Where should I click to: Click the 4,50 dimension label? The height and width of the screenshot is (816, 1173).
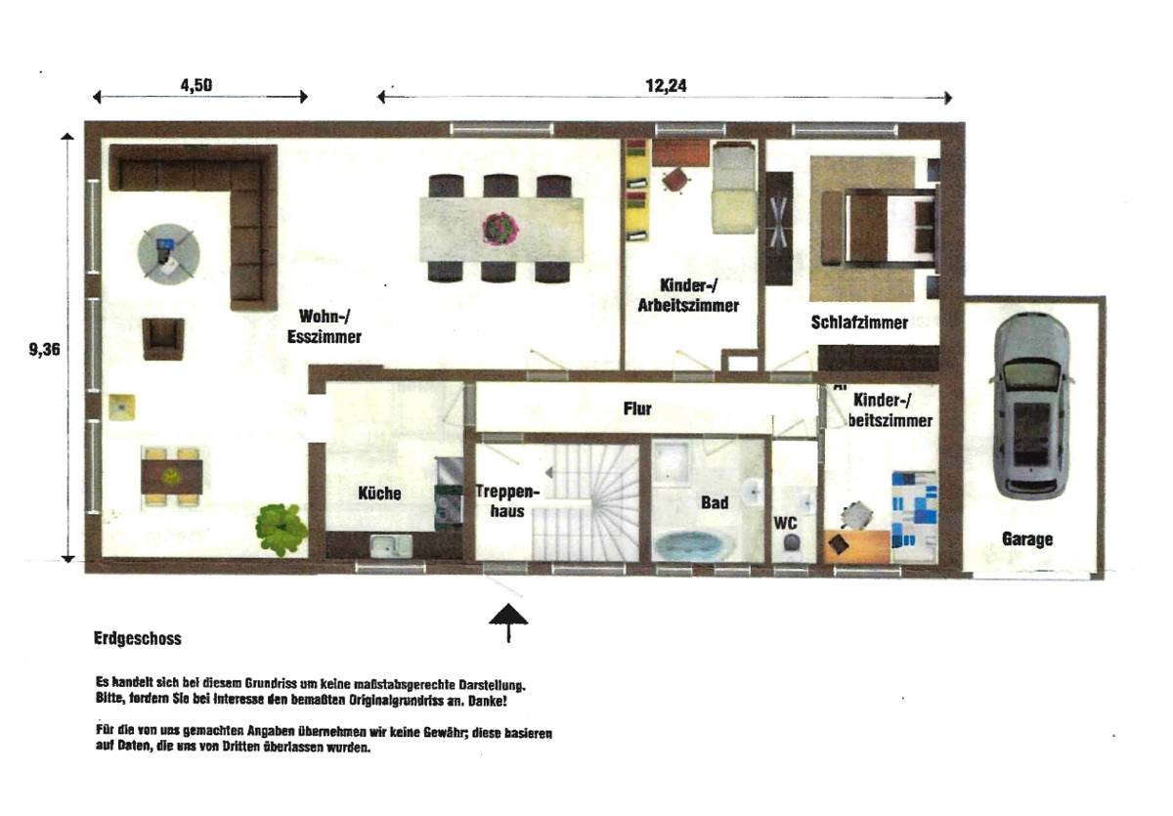pos(196,84)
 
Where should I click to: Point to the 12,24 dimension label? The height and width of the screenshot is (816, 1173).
pos(666,85)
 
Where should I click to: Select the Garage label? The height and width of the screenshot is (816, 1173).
pos(1026,538)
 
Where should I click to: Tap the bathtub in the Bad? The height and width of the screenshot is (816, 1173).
pos(691,545)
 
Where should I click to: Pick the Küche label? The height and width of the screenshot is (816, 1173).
pos(379,494)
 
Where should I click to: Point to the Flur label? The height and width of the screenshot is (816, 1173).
pos(637,408)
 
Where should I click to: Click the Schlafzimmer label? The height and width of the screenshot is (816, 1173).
pos(859,322)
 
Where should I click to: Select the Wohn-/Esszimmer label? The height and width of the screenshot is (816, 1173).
pos(325,326)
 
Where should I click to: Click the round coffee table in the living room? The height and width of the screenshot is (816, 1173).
pos(169,252)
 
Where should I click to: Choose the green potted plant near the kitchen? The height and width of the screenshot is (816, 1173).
pos(282,528)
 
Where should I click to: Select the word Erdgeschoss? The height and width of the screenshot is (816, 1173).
pos(138,639)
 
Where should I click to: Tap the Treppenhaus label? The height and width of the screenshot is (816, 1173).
pos(503,500)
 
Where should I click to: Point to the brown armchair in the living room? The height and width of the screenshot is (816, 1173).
pos(163,338)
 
